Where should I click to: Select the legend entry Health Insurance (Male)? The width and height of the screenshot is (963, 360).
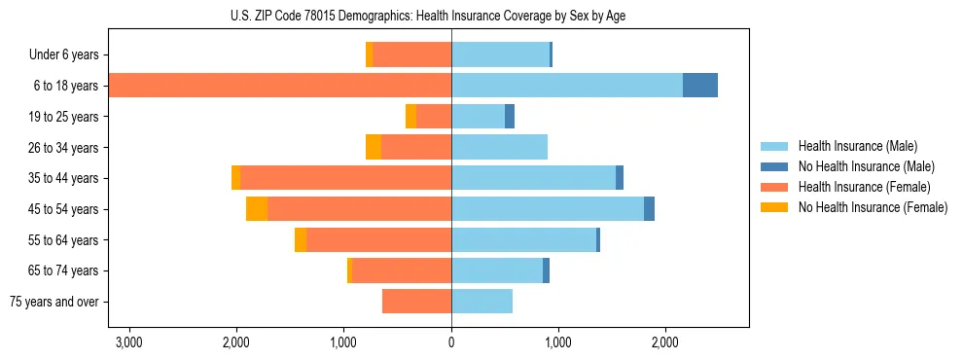(857, 146)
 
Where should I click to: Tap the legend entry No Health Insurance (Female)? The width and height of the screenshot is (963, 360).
(873, 207)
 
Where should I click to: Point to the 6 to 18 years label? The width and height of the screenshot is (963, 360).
(66, 86)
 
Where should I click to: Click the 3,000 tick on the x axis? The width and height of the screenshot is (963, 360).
(129, 343)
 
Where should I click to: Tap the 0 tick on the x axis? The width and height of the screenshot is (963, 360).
(451, 343)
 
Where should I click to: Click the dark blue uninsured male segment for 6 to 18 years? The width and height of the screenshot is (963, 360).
(700, 86)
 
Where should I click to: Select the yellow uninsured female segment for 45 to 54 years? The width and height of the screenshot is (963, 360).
(257, 209)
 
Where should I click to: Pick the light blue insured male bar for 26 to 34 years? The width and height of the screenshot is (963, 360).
(499, 147)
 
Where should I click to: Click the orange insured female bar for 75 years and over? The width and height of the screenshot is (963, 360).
(416, 302)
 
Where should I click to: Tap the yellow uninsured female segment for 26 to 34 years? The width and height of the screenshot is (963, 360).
(374, 147)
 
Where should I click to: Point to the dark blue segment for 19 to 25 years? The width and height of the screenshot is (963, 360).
(510, 117)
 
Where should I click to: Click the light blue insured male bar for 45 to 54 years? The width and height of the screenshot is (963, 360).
(548, 209)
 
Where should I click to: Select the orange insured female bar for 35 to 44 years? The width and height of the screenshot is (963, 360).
(345, 178)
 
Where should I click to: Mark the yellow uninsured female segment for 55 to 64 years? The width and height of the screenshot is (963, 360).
(301, 240)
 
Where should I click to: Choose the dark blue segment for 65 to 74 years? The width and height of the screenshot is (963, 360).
(547, 270)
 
